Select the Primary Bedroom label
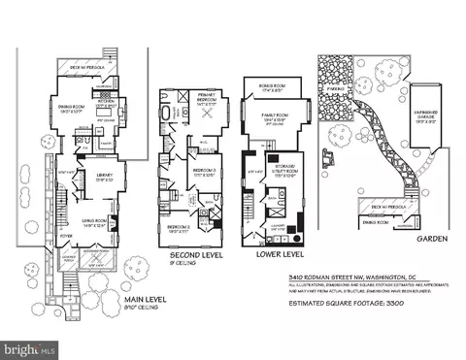199,97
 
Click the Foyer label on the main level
66,233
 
